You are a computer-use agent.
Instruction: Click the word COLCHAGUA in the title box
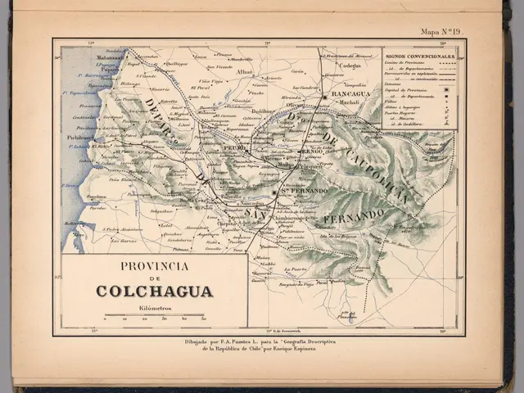155,291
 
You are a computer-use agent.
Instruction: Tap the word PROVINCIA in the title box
155,266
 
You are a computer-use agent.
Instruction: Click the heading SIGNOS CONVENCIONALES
419,57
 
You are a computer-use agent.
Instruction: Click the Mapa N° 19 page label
441,32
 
